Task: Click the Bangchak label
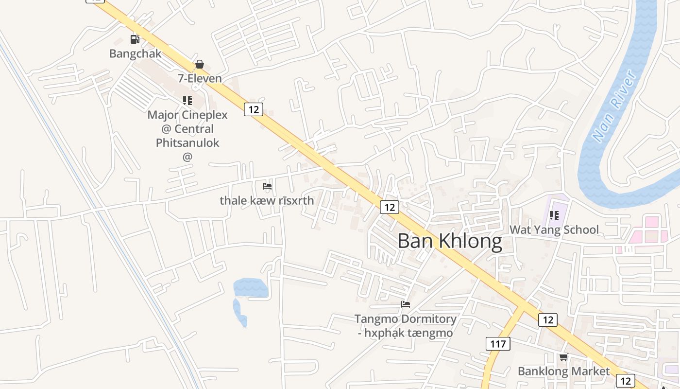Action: click(135, 53)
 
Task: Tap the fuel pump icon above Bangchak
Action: click(135, 39)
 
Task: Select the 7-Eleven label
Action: click(200, 78)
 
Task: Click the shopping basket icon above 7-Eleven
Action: click(199, 64)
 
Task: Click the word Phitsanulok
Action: click(187, 143)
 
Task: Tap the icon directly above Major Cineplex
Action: click(187, 101)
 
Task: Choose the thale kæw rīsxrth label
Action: click(267, 200)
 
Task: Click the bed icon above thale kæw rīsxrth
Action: click(267, 186)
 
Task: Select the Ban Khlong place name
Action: click(450, 241)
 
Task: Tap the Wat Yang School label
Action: click(554, 230)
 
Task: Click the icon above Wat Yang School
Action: click(554, 215)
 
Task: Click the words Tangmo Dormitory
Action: click(405, 319)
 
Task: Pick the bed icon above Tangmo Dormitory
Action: click(406, 304)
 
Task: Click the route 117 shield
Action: click(498, 344)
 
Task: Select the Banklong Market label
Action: click(563, 371)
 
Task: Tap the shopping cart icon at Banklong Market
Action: click(563, 357)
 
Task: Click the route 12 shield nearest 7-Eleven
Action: click(253, 109)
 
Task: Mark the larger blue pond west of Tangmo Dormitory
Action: click(250, 288)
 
